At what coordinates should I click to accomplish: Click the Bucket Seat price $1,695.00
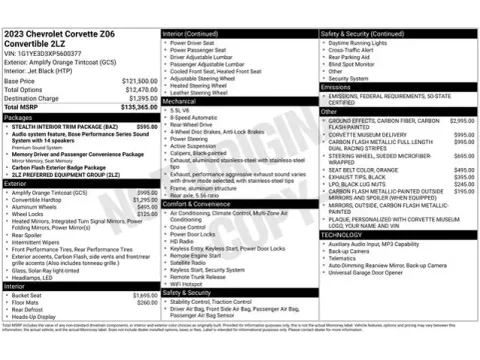point(145,296)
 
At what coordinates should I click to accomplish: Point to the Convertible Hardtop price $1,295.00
point(145,200)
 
